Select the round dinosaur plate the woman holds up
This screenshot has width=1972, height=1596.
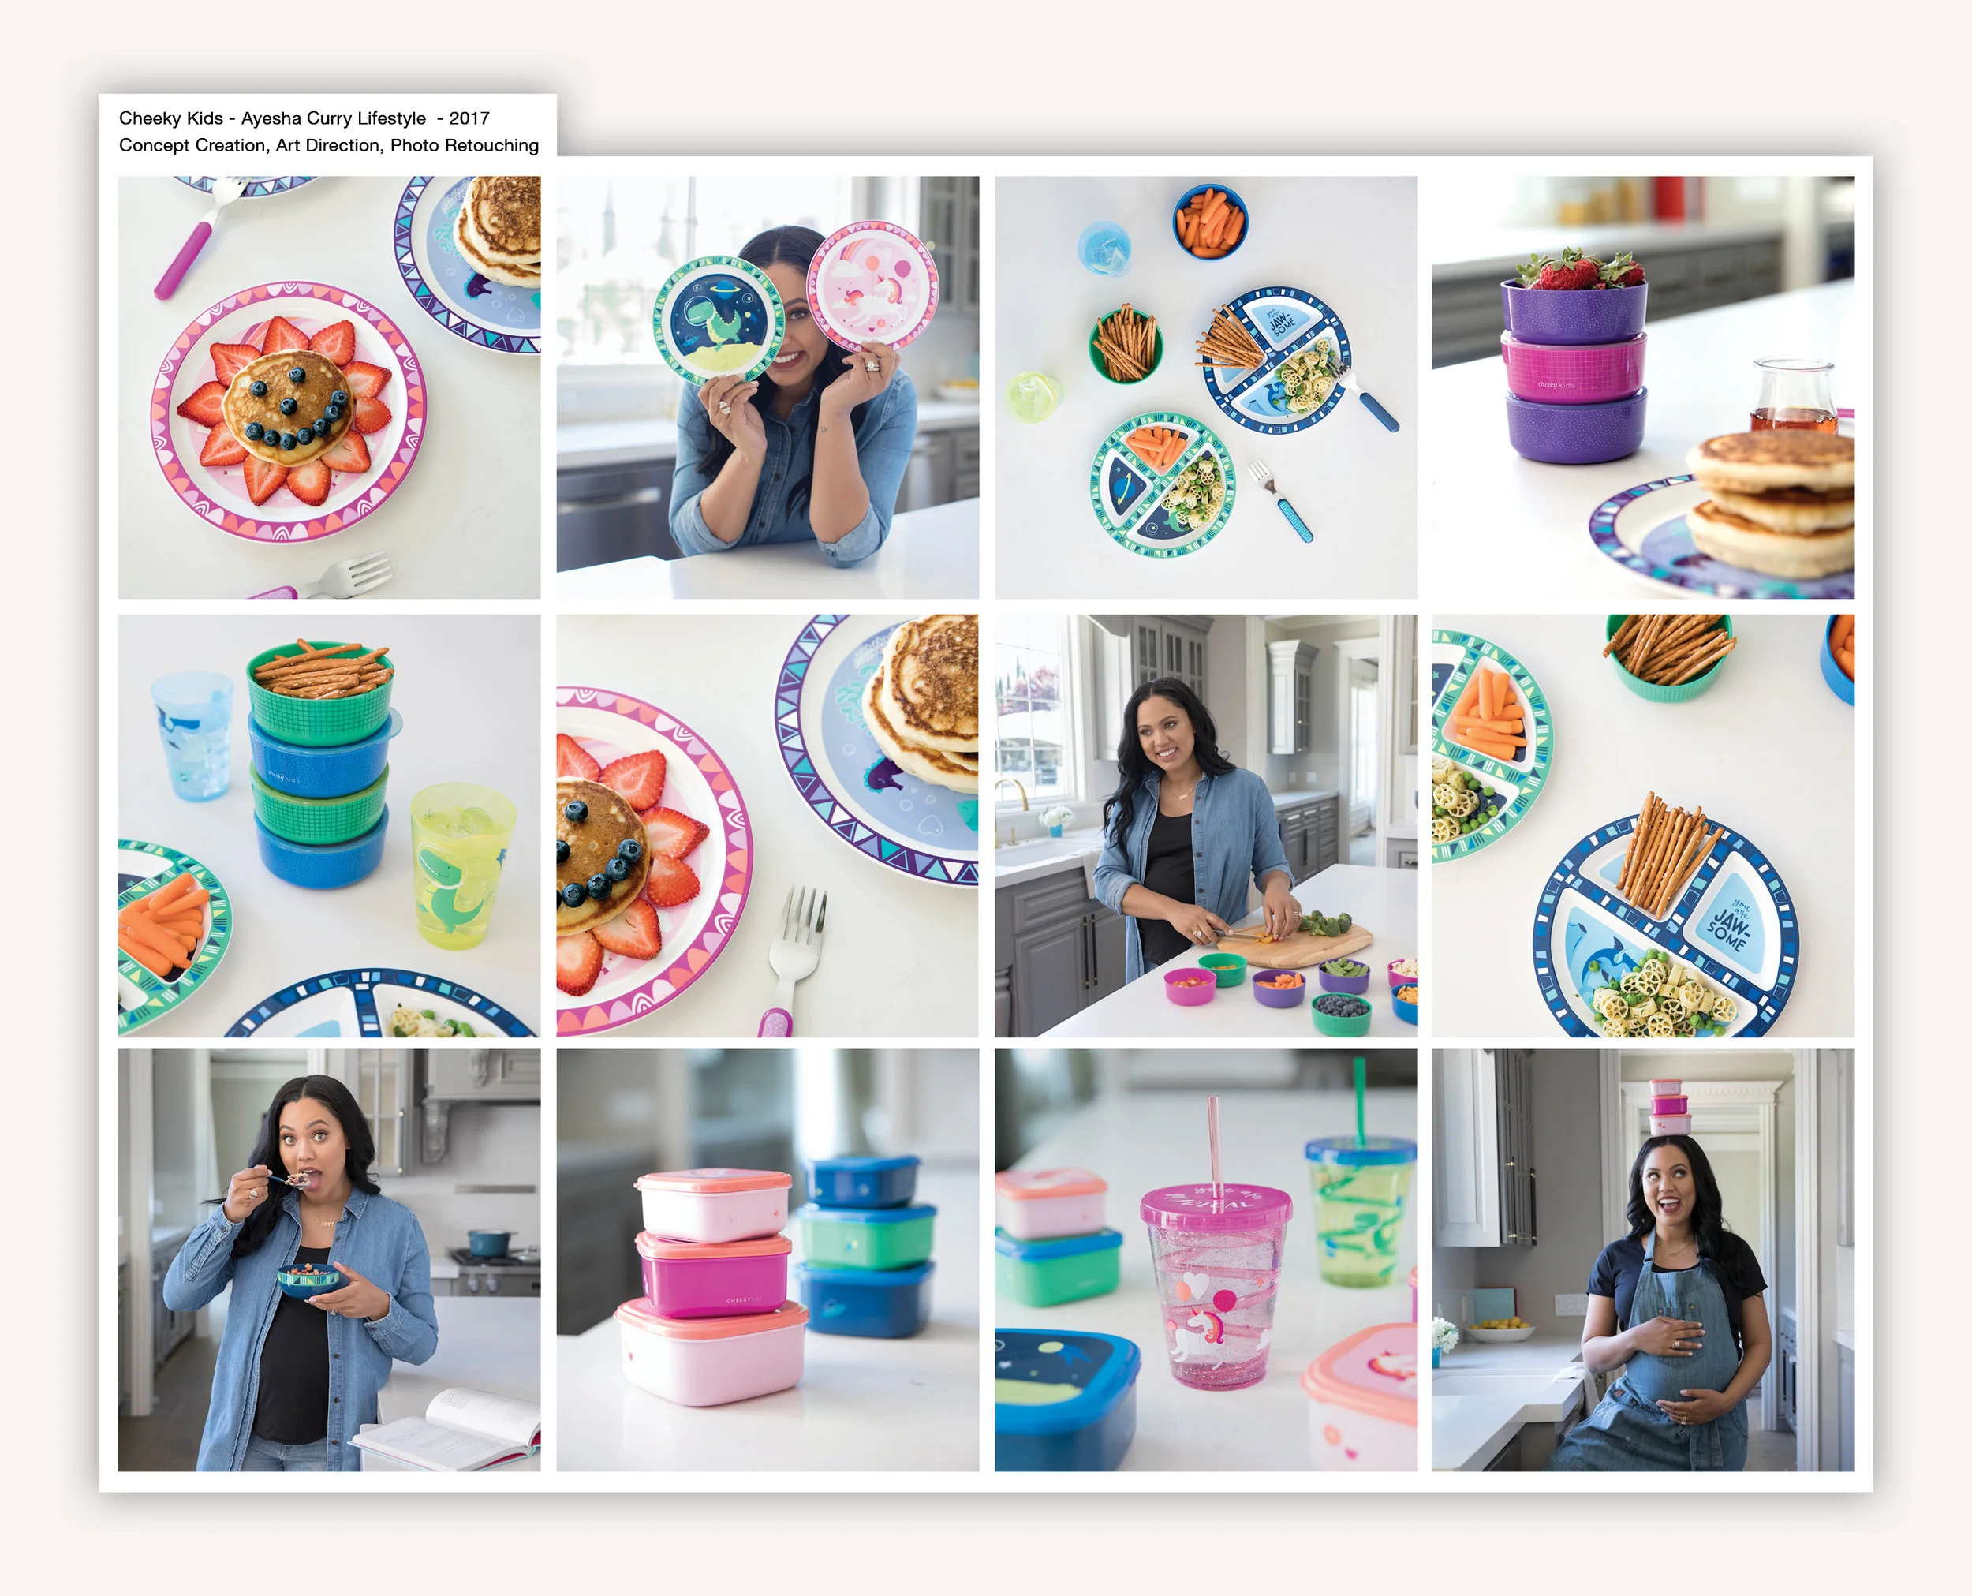[718, 319]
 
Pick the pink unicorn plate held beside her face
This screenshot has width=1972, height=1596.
[872, 284]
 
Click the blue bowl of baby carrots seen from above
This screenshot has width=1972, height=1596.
[1209, 222]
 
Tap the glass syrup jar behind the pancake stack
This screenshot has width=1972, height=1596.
[1792, 396]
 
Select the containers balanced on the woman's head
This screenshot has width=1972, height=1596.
[1668, 1107]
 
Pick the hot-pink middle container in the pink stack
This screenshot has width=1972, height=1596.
[712, 1273]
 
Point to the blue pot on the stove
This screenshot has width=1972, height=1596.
[487, 1244]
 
